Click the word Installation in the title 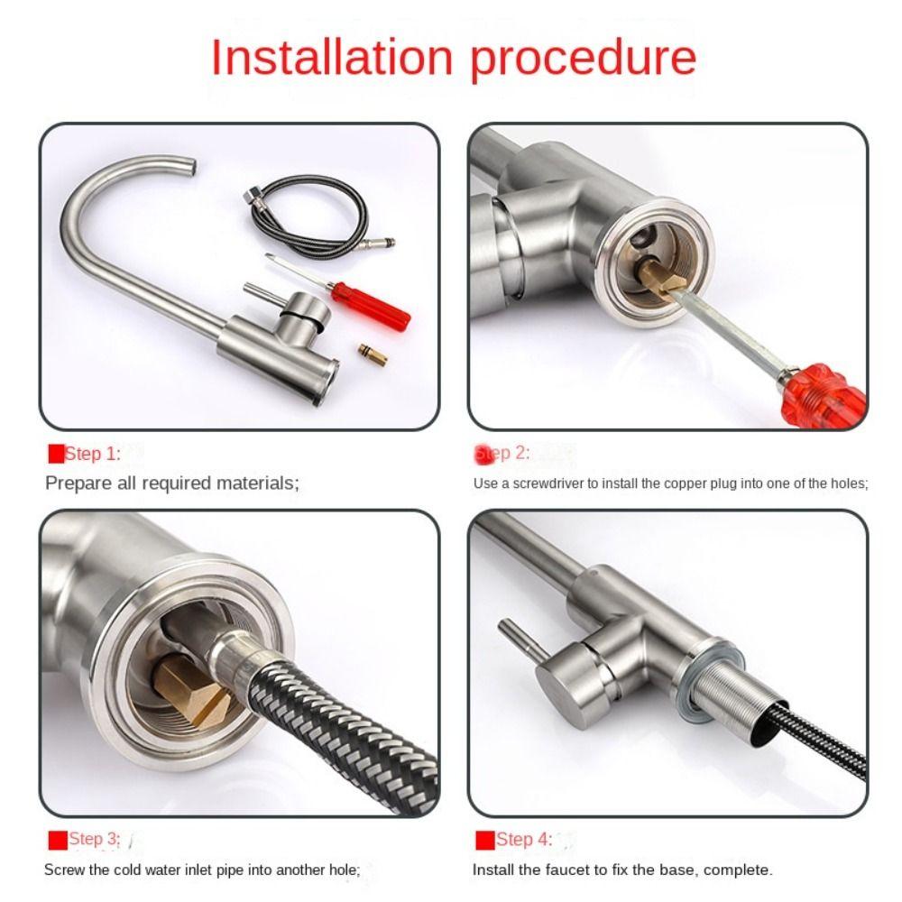(333, 57)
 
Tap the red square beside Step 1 (56, 454)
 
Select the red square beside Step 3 (58, 840)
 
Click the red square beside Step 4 (485, 840)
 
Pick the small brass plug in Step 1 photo (373, 354)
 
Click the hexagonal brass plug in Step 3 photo (191, 691)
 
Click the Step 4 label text (524, 839)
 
